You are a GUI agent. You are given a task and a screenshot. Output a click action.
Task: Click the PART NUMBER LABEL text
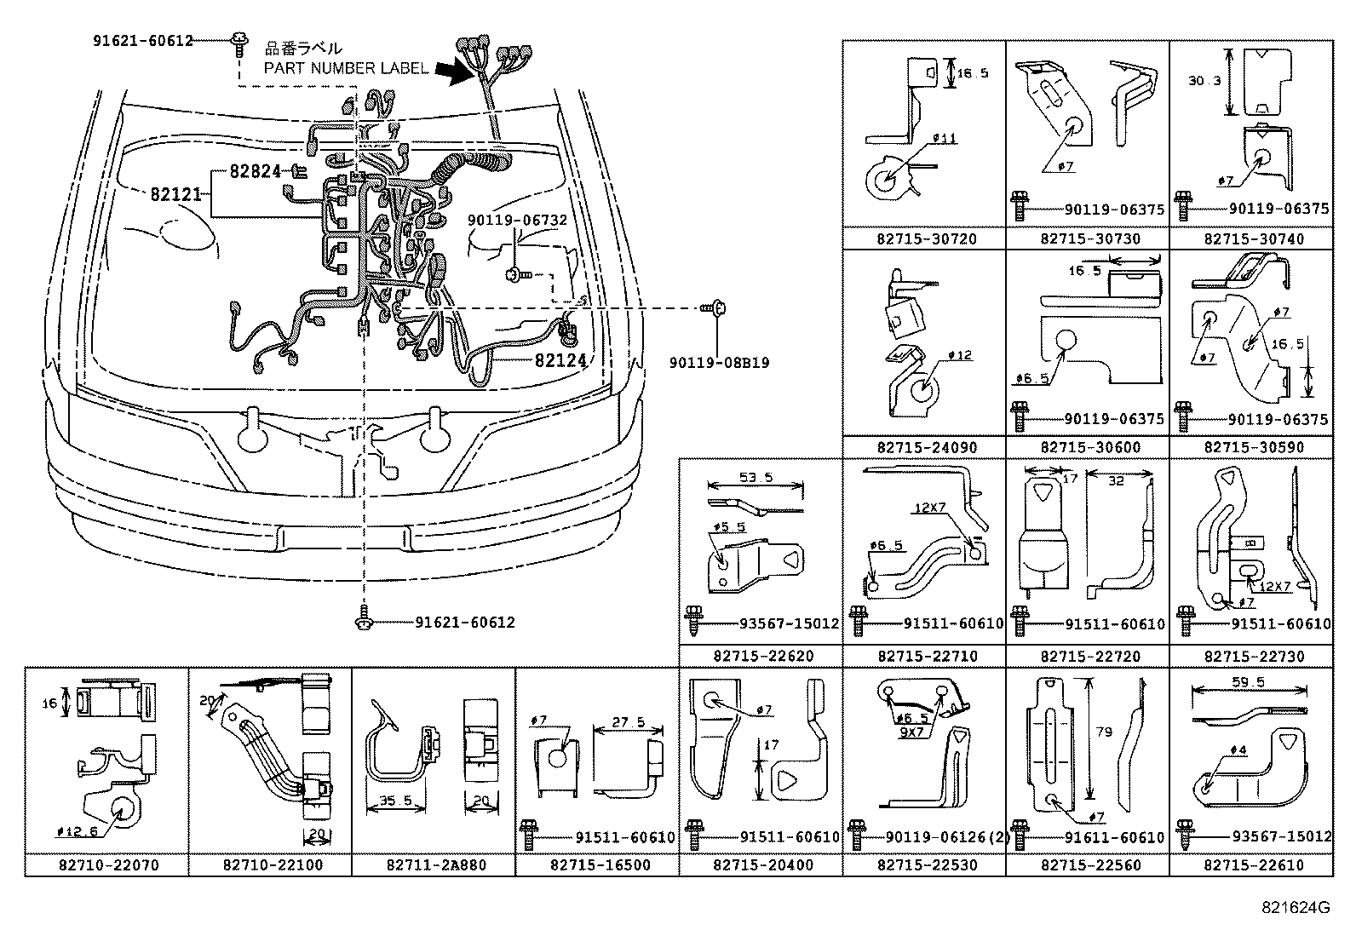tap(346, 68)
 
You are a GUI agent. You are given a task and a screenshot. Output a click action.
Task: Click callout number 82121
tap(175, 194)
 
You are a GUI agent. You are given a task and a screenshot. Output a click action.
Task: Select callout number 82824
tap(255, 171)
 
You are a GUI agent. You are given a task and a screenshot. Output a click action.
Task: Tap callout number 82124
tap(561, 360)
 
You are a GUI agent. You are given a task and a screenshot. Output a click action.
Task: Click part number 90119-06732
tap(517, 220)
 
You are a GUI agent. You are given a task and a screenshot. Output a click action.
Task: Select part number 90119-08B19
tap(719, 362)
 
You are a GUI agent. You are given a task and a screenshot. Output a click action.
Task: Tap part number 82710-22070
tap(108, 864)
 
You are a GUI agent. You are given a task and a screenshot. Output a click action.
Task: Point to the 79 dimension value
tap(1104, 732)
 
